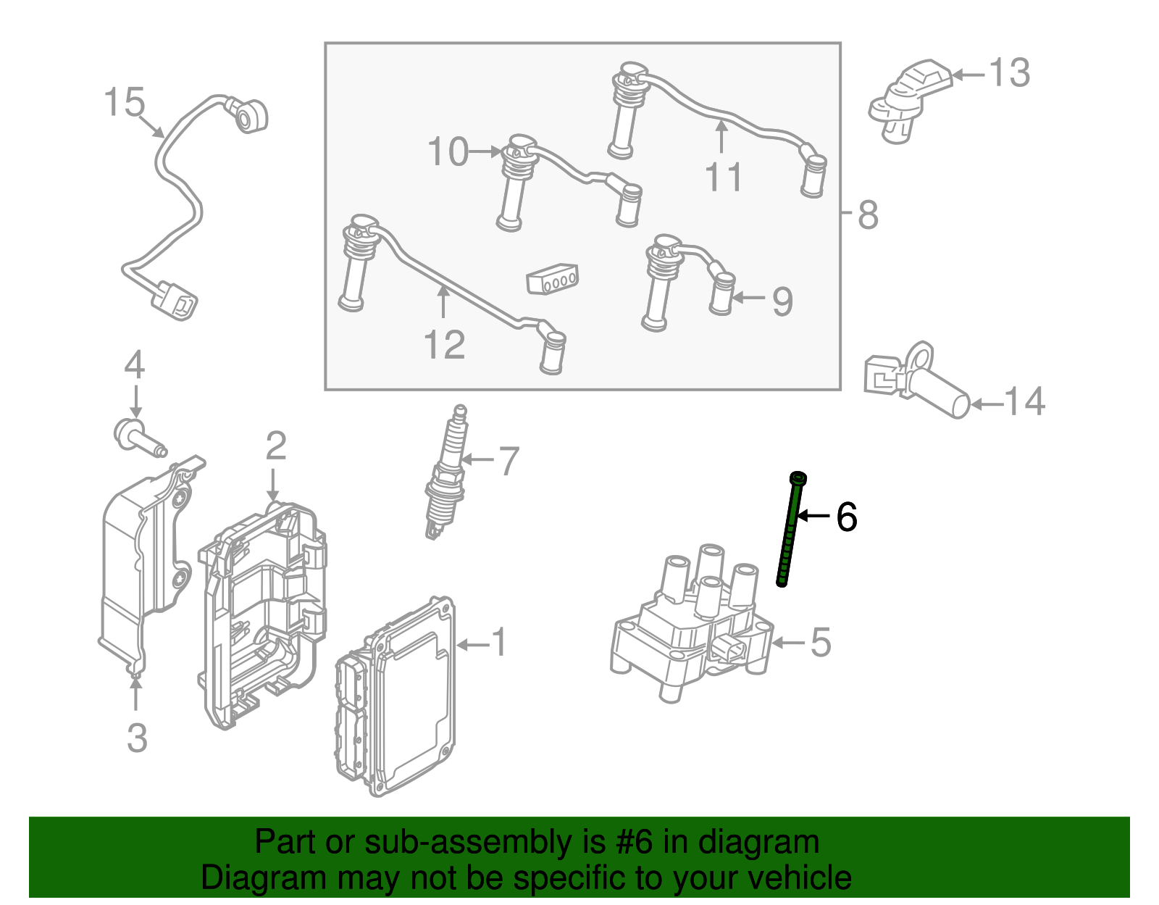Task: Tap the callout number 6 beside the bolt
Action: [x=846, y=517]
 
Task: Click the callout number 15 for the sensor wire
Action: [x=124, y=102]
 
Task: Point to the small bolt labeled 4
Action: [x=138, y=438]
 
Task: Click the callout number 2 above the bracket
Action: [x=275, y=446]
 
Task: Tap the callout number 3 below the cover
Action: [x=137, y=738]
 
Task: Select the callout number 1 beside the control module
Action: [x=499, y=643]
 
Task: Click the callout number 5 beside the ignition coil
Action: [x=820, y=643]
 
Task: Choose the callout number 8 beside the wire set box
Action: [x=868, y=214]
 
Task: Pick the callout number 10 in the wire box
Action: [x=448, y=152]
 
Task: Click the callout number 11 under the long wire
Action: [x=723, y=178]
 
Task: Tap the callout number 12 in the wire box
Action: [x=444, y=345]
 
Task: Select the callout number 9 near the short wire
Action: [x=782, y=301]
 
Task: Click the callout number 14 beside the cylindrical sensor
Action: [x=1025, y=401]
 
